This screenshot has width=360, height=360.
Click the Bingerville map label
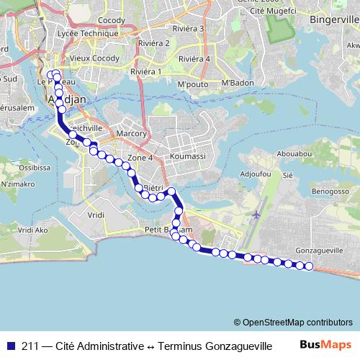click(x=333, y=19)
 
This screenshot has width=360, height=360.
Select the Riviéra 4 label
click(x=194, y=59)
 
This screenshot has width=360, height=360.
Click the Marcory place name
click(x=131, y=133)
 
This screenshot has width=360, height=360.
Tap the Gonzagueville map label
click(x=319, y=251)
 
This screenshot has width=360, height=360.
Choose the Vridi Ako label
click(x=32, y=230)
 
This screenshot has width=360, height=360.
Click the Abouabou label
click(x=294, y=153)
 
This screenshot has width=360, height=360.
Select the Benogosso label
click(x=330, y=192)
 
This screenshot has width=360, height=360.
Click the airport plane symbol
click(x=258, y=215)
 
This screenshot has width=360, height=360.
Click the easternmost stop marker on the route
click(x=310, y=266)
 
